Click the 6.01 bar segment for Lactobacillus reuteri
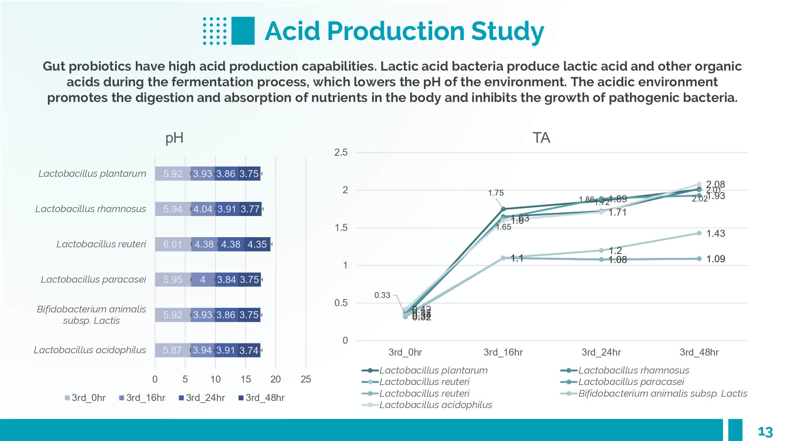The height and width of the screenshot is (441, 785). [173, 244]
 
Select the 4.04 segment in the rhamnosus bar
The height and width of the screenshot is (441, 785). [203, 209]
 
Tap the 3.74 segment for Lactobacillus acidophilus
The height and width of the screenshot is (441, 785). [249, 350]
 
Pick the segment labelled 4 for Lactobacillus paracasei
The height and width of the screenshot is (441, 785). [203, 279]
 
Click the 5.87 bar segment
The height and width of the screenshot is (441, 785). [172, 350]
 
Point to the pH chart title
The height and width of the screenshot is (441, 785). [174, 138]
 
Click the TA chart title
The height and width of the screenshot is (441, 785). [541, 138]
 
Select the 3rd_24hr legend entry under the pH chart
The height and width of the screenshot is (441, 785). [202, 398]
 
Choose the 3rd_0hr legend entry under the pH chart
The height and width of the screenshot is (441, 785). [85, 398]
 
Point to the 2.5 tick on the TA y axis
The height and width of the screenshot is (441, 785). [341, 152]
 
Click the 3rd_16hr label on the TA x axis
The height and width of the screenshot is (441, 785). [503, 352]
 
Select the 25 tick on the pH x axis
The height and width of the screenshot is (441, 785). [306, 379]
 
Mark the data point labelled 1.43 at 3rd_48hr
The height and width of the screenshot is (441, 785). [699, 233]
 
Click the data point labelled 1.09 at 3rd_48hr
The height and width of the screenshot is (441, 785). [699, 259]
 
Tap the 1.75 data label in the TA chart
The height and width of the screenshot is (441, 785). [496, 193]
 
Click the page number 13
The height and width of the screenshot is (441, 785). [765, 432]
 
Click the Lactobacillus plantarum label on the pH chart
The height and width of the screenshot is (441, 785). [92, 174]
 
